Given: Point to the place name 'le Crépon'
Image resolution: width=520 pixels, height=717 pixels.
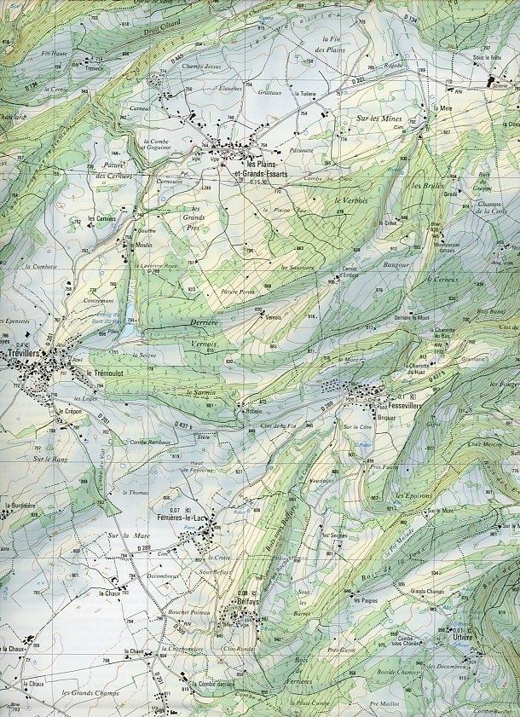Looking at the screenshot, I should click(69, 411).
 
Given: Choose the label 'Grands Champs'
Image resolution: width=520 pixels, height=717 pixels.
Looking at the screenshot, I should click(429, 590).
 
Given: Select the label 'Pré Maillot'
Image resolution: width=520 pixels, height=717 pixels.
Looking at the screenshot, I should click(384, 703).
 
